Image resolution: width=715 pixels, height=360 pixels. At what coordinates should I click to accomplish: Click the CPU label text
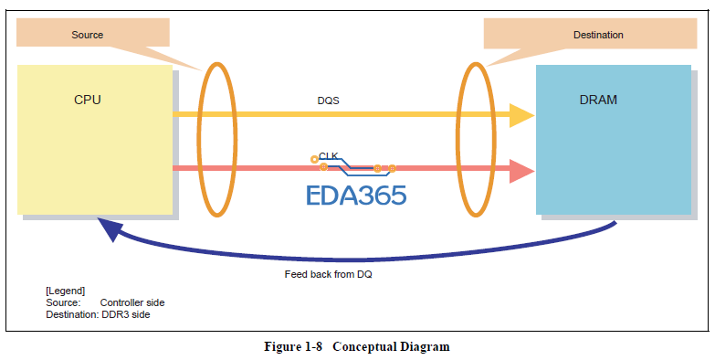coord(88,99)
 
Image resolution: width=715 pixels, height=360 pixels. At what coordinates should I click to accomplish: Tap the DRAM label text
coord(598,99)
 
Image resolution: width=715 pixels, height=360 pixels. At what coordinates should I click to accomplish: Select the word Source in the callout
coord(88,35)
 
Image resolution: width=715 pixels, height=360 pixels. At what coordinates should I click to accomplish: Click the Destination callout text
coord(598,35)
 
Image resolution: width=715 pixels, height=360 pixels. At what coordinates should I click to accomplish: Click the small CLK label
coord(329,156)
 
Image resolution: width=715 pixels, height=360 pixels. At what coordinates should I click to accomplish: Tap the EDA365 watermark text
coord(355,195)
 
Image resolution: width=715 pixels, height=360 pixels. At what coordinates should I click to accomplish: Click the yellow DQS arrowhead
coord(520,115)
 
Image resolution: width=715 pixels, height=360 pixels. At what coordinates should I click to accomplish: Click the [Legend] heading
coord(65,291)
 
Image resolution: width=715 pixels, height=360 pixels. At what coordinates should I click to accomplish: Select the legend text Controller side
coord(132,302)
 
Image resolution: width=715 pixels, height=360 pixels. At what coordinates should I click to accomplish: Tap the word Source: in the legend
coord(63,302)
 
